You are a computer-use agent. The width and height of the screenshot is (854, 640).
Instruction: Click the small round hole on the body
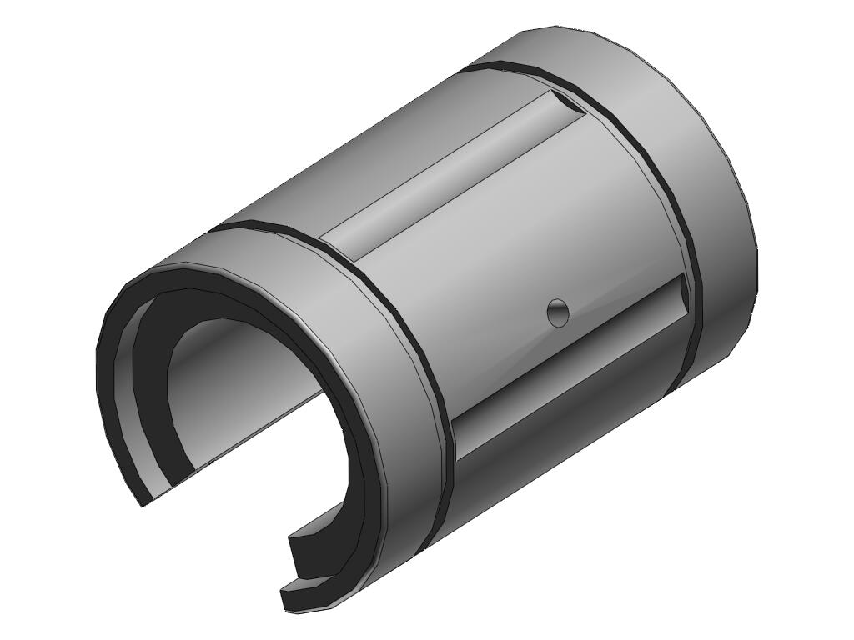tap(558, 313)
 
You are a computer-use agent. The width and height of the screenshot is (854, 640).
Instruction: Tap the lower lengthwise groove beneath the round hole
tap(567, 367)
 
